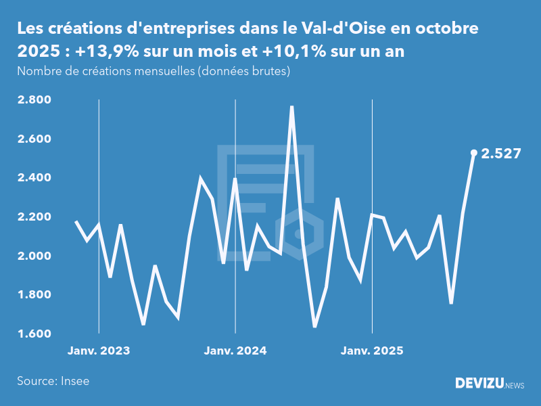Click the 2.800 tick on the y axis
(33, 100)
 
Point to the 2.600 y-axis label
(33, 139)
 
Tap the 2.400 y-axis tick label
(33, 178)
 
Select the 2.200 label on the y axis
(33, 217)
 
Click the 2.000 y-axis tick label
(33, 256)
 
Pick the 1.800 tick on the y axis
(33, 295)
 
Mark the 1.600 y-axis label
(33, 334)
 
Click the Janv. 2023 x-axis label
(99, 351)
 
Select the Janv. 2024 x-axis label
(235, 351)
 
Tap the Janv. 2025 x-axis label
(372, 351)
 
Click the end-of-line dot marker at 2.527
(473, 153)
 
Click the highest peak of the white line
(291, 107)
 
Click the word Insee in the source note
(75, 381)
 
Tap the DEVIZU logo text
(479, 384)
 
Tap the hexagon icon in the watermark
(297, 234)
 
